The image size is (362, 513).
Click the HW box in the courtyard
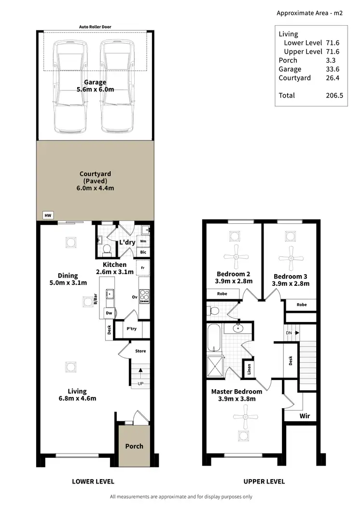pyautogui.click(x=47, y=216)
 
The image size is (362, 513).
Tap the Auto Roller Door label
pyautogui.click(x=96, y=27)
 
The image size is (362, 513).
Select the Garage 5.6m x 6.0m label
pyautogui.click(x=95, y=86)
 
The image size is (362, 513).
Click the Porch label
pyautogui.click(x=134, y=446)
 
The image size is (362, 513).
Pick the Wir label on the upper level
pyautogui.click(x=305, y=415)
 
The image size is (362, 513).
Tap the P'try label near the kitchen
pyautogui.click(x=131, y=329)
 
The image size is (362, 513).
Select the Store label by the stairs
pyautogui.click(x=140, y=351)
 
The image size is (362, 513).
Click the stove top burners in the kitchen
pyautogui.click(x=144, y=296)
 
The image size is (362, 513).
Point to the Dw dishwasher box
pyautogui.click(x=110, y=313)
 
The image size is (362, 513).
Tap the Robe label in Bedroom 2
pyautogui.click(x=222, y=293)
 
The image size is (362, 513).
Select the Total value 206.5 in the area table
pyautogui.click(x=334, y=96)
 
